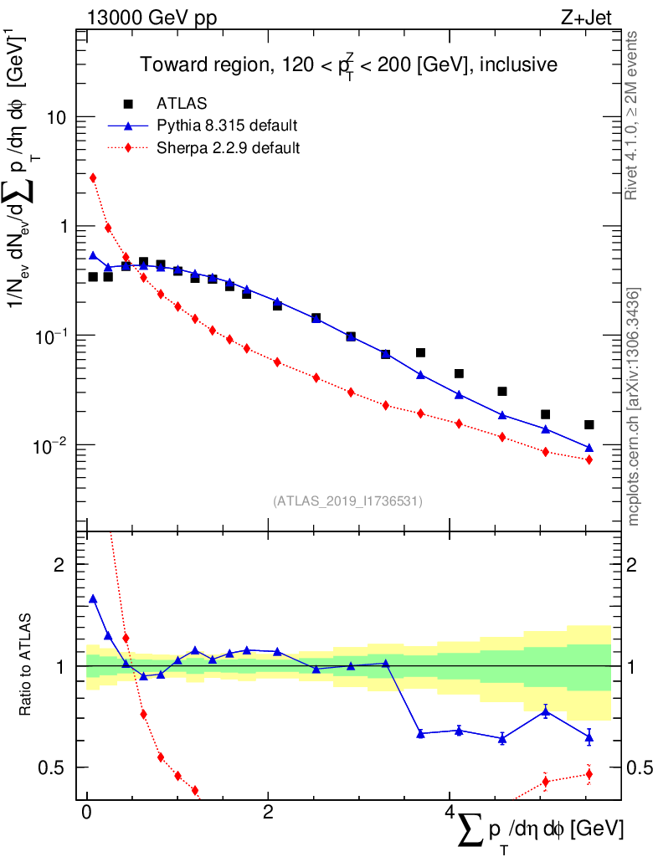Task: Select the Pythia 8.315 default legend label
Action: (227, 126)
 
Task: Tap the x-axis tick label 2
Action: (268, 813)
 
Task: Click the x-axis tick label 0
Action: (87, 813)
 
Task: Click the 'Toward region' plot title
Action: (347, 64)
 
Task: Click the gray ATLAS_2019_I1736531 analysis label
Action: (347, 501)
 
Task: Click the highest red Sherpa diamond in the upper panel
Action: (93, 177)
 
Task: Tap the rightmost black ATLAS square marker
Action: (589, 425)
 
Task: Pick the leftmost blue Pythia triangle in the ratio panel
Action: (93, 599)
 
